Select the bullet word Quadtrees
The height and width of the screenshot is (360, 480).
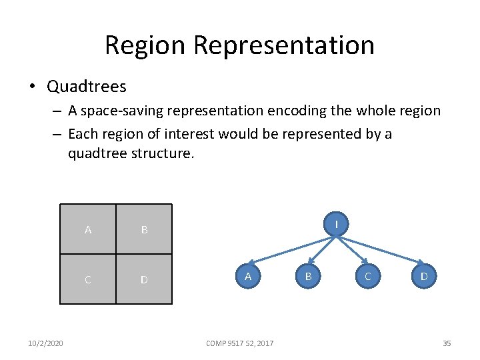87,86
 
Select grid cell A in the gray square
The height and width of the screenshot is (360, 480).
88,229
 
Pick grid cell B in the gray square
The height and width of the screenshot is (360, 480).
144,229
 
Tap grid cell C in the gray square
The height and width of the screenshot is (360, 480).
88,279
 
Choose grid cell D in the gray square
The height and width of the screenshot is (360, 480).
144,279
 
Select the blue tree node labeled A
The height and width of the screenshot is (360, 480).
247,275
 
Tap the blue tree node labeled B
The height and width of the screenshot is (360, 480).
308,275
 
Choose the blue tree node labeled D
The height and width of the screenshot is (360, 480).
424,275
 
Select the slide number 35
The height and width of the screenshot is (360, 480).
447,343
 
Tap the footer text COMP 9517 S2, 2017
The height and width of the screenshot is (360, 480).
240,343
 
